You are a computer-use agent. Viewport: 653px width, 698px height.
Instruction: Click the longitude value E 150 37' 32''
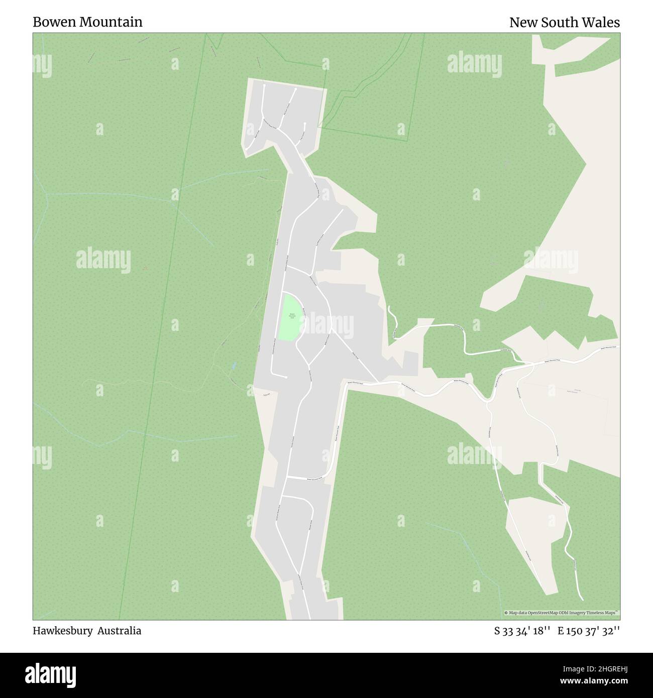click(589, 631)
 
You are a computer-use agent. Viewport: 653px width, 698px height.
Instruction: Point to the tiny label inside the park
click(292, 316)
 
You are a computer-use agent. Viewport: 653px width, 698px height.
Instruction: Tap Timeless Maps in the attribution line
click(604, 613)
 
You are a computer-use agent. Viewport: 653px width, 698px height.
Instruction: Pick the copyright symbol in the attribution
click(506, 613)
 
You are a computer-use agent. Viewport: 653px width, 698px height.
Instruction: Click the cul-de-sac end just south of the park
click(286, 377)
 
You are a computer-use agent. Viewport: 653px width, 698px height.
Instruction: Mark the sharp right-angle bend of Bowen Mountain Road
click(346, 384)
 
